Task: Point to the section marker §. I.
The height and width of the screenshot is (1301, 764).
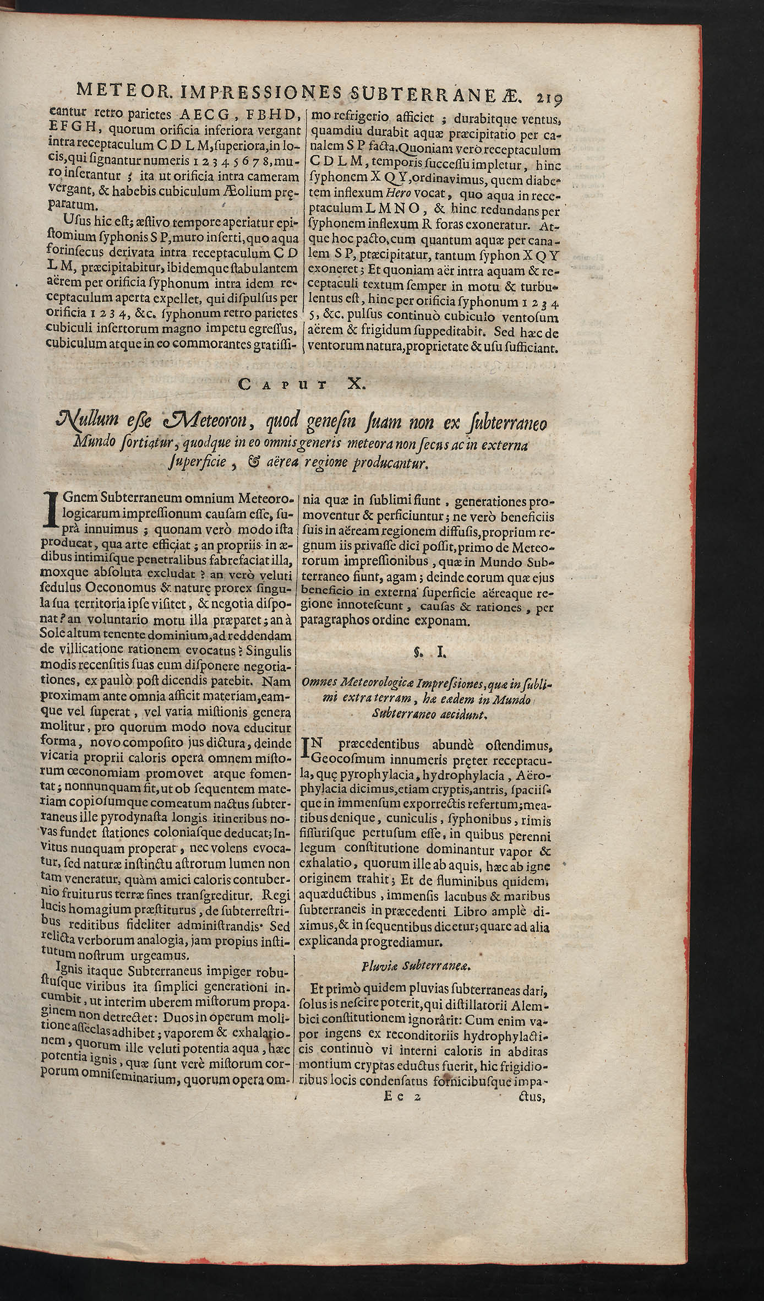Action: point(426,653)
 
